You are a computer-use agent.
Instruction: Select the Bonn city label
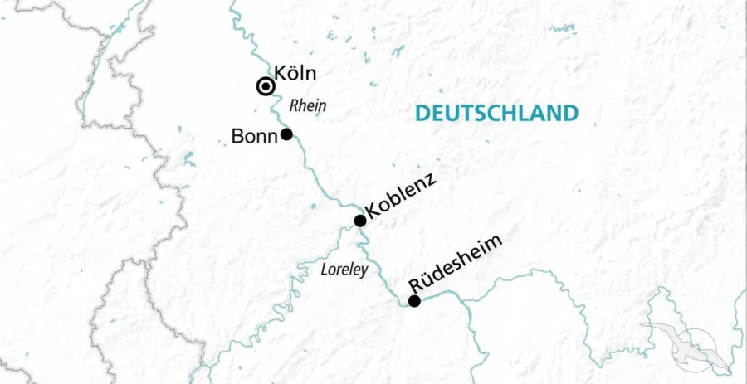click(254, 136)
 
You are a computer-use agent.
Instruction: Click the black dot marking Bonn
click(286, 134)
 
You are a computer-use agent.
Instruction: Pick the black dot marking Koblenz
click(359, 221)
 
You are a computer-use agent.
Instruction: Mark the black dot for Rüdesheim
click(414, 301)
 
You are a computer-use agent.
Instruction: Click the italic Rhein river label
click(307, 106)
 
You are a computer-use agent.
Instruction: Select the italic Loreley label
click(344, 270)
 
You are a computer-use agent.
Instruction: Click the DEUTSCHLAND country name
click(496, 113)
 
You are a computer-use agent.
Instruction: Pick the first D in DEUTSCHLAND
click(422, 113)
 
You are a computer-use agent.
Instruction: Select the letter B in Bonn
click(237, 136)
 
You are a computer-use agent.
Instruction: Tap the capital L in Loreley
click(324, 270)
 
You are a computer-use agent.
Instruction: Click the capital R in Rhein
click(293, 106)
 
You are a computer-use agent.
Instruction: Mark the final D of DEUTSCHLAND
click(569, 113)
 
